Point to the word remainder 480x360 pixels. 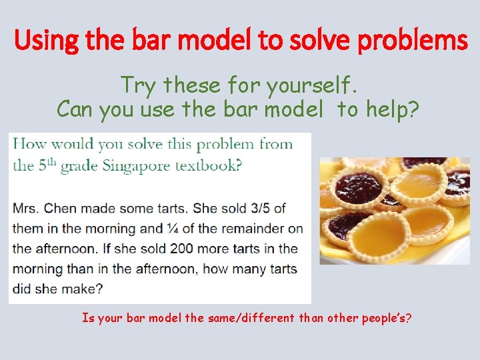point(253,229)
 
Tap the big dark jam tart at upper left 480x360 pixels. point(359,189)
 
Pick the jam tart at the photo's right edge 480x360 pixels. point(459,181)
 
